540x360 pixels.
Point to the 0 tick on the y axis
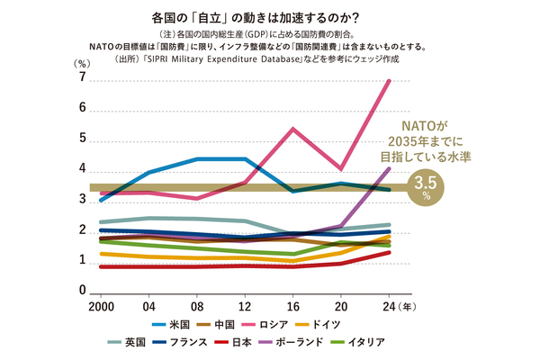83,292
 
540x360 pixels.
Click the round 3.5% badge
419,187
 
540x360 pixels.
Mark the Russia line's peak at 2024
388,81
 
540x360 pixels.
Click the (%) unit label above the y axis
82,63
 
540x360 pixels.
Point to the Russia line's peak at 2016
292,129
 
